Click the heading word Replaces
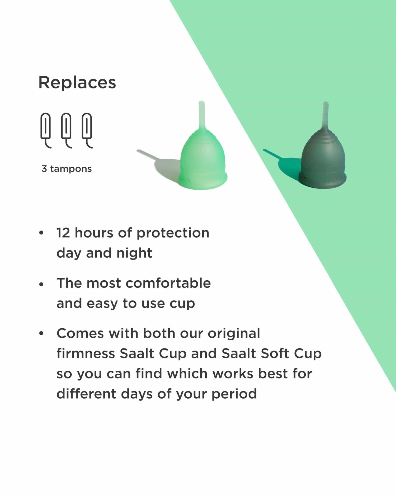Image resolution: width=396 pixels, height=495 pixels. coord(77,83)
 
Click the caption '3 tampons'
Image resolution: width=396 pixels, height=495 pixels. coord(67,169)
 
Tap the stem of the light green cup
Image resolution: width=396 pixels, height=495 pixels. coord(202,115)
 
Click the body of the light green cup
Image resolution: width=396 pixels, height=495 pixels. coord(203,161)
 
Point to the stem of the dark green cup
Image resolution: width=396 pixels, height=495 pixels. coord(326,115)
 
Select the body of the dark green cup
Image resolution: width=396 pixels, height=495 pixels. coord(323,161)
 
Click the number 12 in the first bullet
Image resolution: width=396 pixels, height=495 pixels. coord(63,233)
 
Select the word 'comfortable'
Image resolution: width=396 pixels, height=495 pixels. coord(168,283)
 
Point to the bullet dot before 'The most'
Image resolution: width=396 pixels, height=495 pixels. coord(41,285)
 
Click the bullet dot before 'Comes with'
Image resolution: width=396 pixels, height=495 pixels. coord(41,333)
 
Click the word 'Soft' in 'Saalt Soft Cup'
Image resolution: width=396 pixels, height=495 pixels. coord(275,353)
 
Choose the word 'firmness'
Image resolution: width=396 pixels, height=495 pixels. coord(86,353)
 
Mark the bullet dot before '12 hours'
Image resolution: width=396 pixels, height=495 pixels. coord(41,233)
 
